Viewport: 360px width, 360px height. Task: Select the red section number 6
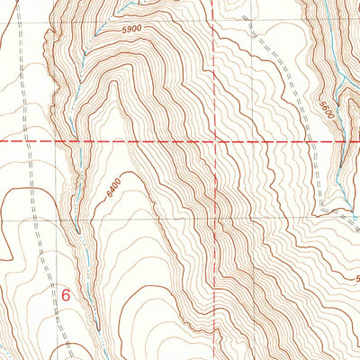(66, 293)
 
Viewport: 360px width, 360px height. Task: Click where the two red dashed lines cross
(214, 141)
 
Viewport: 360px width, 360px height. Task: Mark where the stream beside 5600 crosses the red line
(340, 141)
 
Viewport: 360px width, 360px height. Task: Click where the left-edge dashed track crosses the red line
(24, 141)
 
